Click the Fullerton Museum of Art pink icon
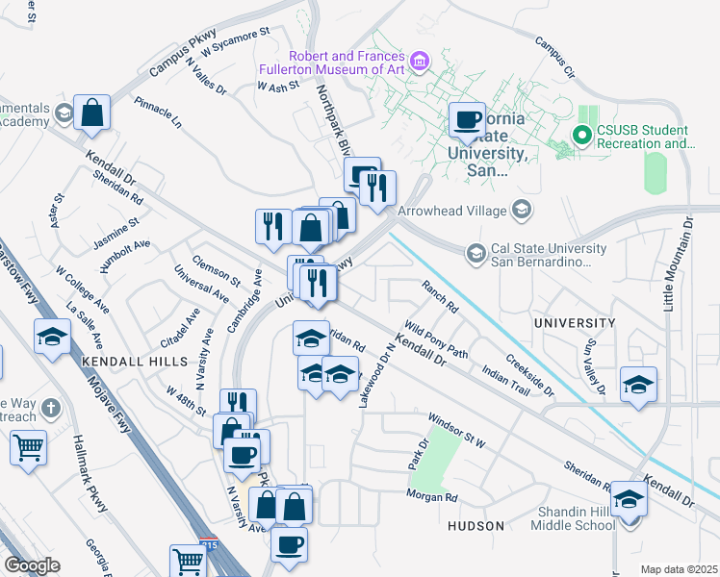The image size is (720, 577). [x=419, y=63]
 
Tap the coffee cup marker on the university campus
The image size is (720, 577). [x=468, y=121]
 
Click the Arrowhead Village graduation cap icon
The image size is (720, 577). [x=521, y=210]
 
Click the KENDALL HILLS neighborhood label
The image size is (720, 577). [x=120, y=358]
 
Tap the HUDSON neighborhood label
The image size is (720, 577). [x=476, y=526]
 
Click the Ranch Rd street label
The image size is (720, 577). [x=439, y=296]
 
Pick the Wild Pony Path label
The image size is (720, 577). [x=436, y=340]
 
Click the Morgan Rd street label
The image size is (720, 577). [x=431, y=497]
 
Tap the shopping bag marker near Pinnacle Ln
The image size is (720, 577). [x=91, y=113]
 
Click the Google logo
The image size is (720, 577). [x=32, y=565]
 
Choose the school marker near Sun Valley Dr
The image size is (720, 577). [x=638, y=385]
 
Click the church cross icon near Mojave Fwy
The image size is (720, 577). [x=51, y=408]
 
